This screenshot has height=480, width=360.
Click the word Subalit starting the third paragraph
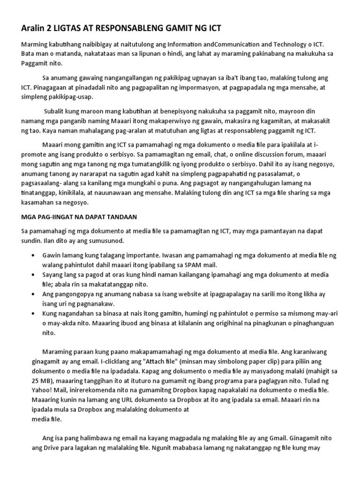[x=56, y=112]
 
